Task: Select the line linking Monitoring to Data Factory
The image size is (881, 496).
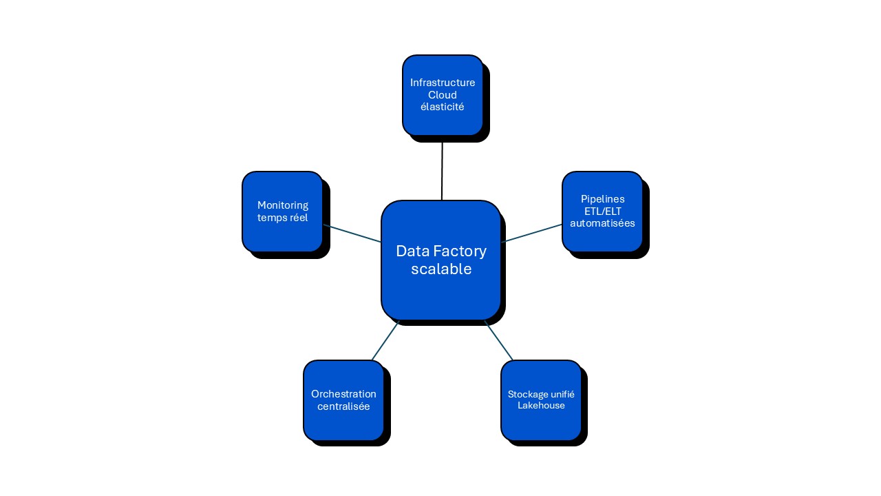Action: click(x=352, y=234)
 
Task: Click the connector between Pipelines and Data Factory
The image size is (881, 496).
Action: click(x=532, y=233)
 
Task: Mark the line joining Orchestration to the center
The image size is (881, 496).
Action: click(x=385, y=340)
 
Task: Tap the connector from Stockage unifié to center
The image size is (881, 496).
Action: click(x=499, y=340)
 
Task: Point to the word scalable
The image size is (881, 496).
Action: click(x=441, y=269)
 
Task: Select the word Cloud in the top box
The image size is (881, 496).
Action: click(x=443, y=95)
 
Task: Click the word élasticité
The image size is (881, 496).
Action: click(x=443, y=107)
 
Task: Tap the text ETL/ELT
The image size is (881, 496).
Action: click(x=602, y=211)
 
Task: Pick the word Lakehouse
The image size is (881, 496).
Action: click(x=541, y=406)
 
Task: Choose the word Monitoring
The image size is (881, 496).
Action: click(x=283, y=205)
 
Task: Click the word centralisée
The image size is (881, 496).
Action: click(x=343, y=406)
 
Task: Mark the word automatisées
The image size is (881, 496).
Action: click(x=602, y=223)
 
